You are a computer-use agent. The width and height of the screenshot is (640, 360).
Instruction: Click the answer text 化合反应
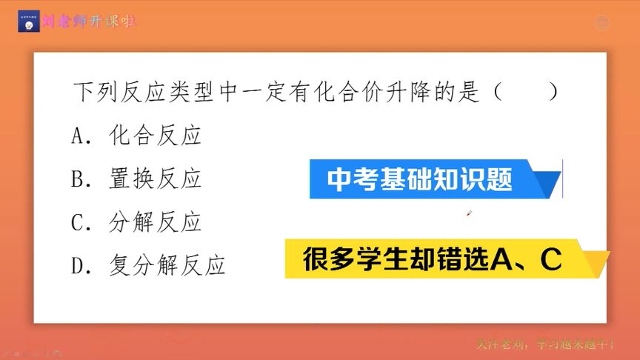point(155,136)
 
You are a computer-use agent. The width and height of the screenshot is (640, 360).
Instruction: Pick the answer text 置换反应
point(155,179)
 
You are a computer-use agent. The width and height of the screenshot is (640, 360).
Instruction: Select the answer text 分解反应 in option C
point(155,222)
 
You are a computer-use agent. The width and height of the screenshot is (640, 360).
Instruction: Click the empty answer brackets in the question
point(525,93)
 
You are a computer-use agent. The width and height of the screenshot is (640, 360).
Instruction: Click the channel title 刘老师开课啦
point(90,21)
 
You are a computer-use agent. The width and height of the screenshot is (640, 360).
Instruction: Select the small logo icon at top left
point(29,21)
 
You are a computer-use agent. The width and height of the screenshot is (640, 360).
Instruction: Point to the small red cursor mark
point(469,214)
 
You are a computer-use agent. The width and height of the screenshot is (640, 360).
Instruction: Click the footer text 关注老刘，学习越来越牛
point(546,344)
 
